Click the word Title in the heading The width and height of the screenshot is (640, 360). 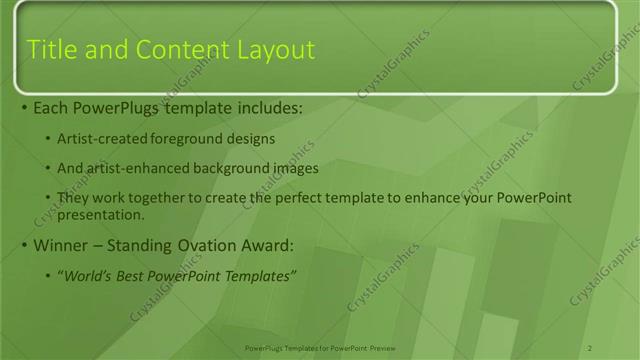coord(50,49)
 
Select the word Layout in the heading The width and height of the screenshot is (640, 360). coord(277,49)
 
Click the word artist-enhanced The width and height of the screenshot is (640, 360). coord(139,168)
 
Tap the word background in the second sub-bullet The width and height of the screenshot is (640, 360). coord(231,168)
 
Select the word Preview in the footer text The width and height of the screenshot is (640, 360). coord(381,346)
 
